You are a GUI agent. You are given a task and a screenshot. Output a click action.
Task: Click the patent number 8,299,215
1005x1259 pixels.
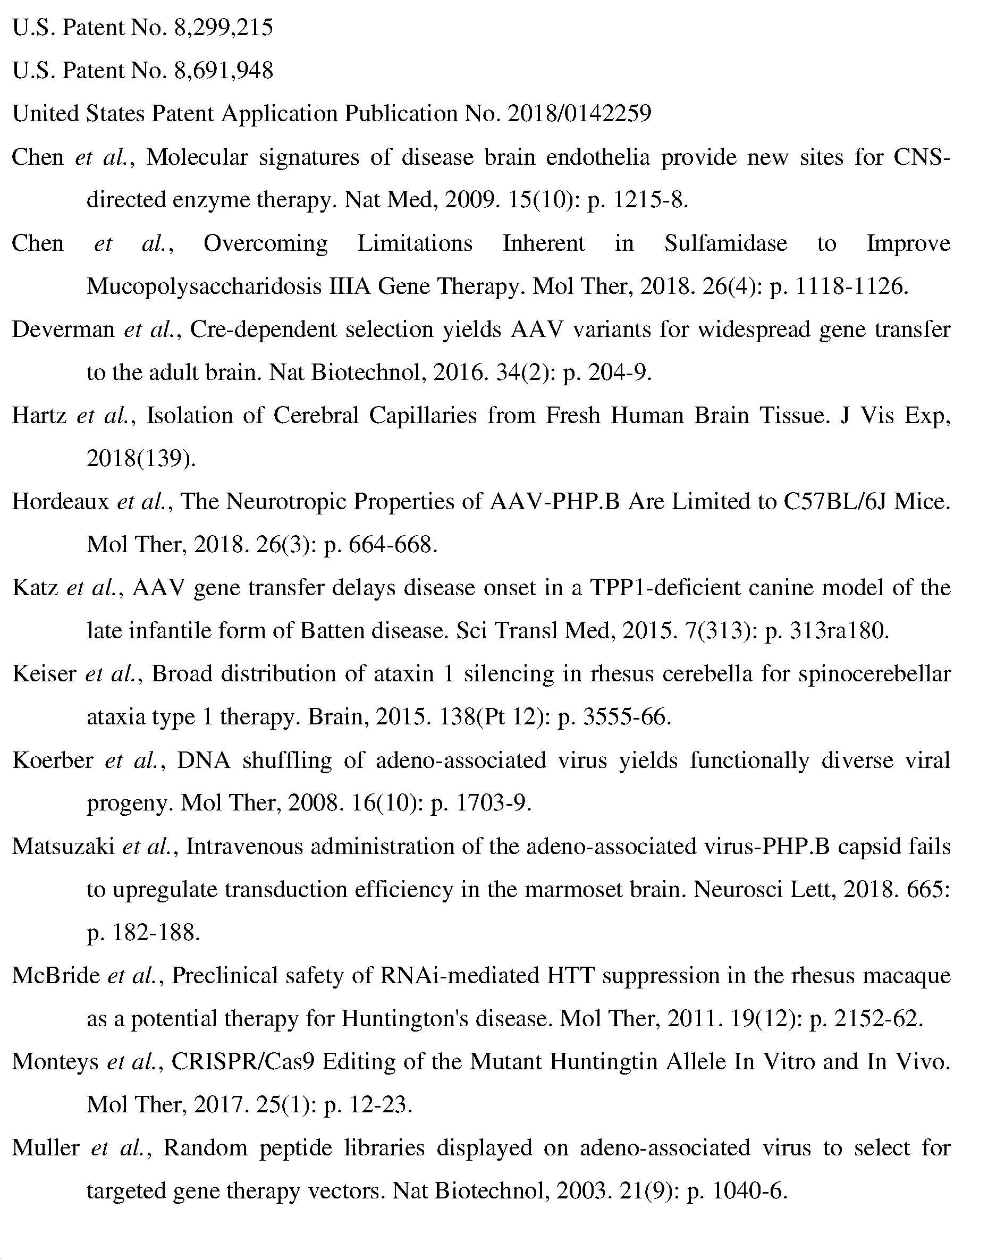click(223, 28)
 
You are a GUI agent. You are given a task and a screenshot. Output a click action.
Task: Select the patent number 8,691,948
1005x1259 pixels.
click(223, 71)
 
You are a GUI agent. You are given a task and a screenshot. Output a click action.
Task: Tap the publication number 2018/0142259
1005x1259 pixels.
click(579, 113)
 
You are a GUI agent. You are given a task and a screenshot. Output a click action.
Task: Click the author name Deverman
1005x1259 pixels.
click(64, 329)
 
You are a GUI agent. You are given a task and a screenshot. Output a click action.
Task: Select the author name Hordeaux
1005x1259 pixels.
click(61, 501)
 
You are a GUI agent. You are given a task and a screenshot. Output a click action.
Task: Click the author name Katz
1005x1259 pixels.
click(35, 587)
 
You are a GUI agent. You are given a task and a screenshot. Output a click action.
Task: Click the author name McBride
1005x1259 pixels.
click(56, 976)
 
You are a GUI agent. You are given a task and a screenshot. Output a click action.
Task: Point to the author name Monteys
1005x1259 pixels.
click(55, 1062)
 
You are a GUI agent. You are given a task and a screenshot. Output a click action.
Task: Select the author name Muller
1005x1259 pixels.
click(46, 1148)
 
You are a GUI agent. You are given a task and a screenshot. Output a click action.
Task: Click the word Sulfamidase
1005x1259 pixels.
click(725, 243)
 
